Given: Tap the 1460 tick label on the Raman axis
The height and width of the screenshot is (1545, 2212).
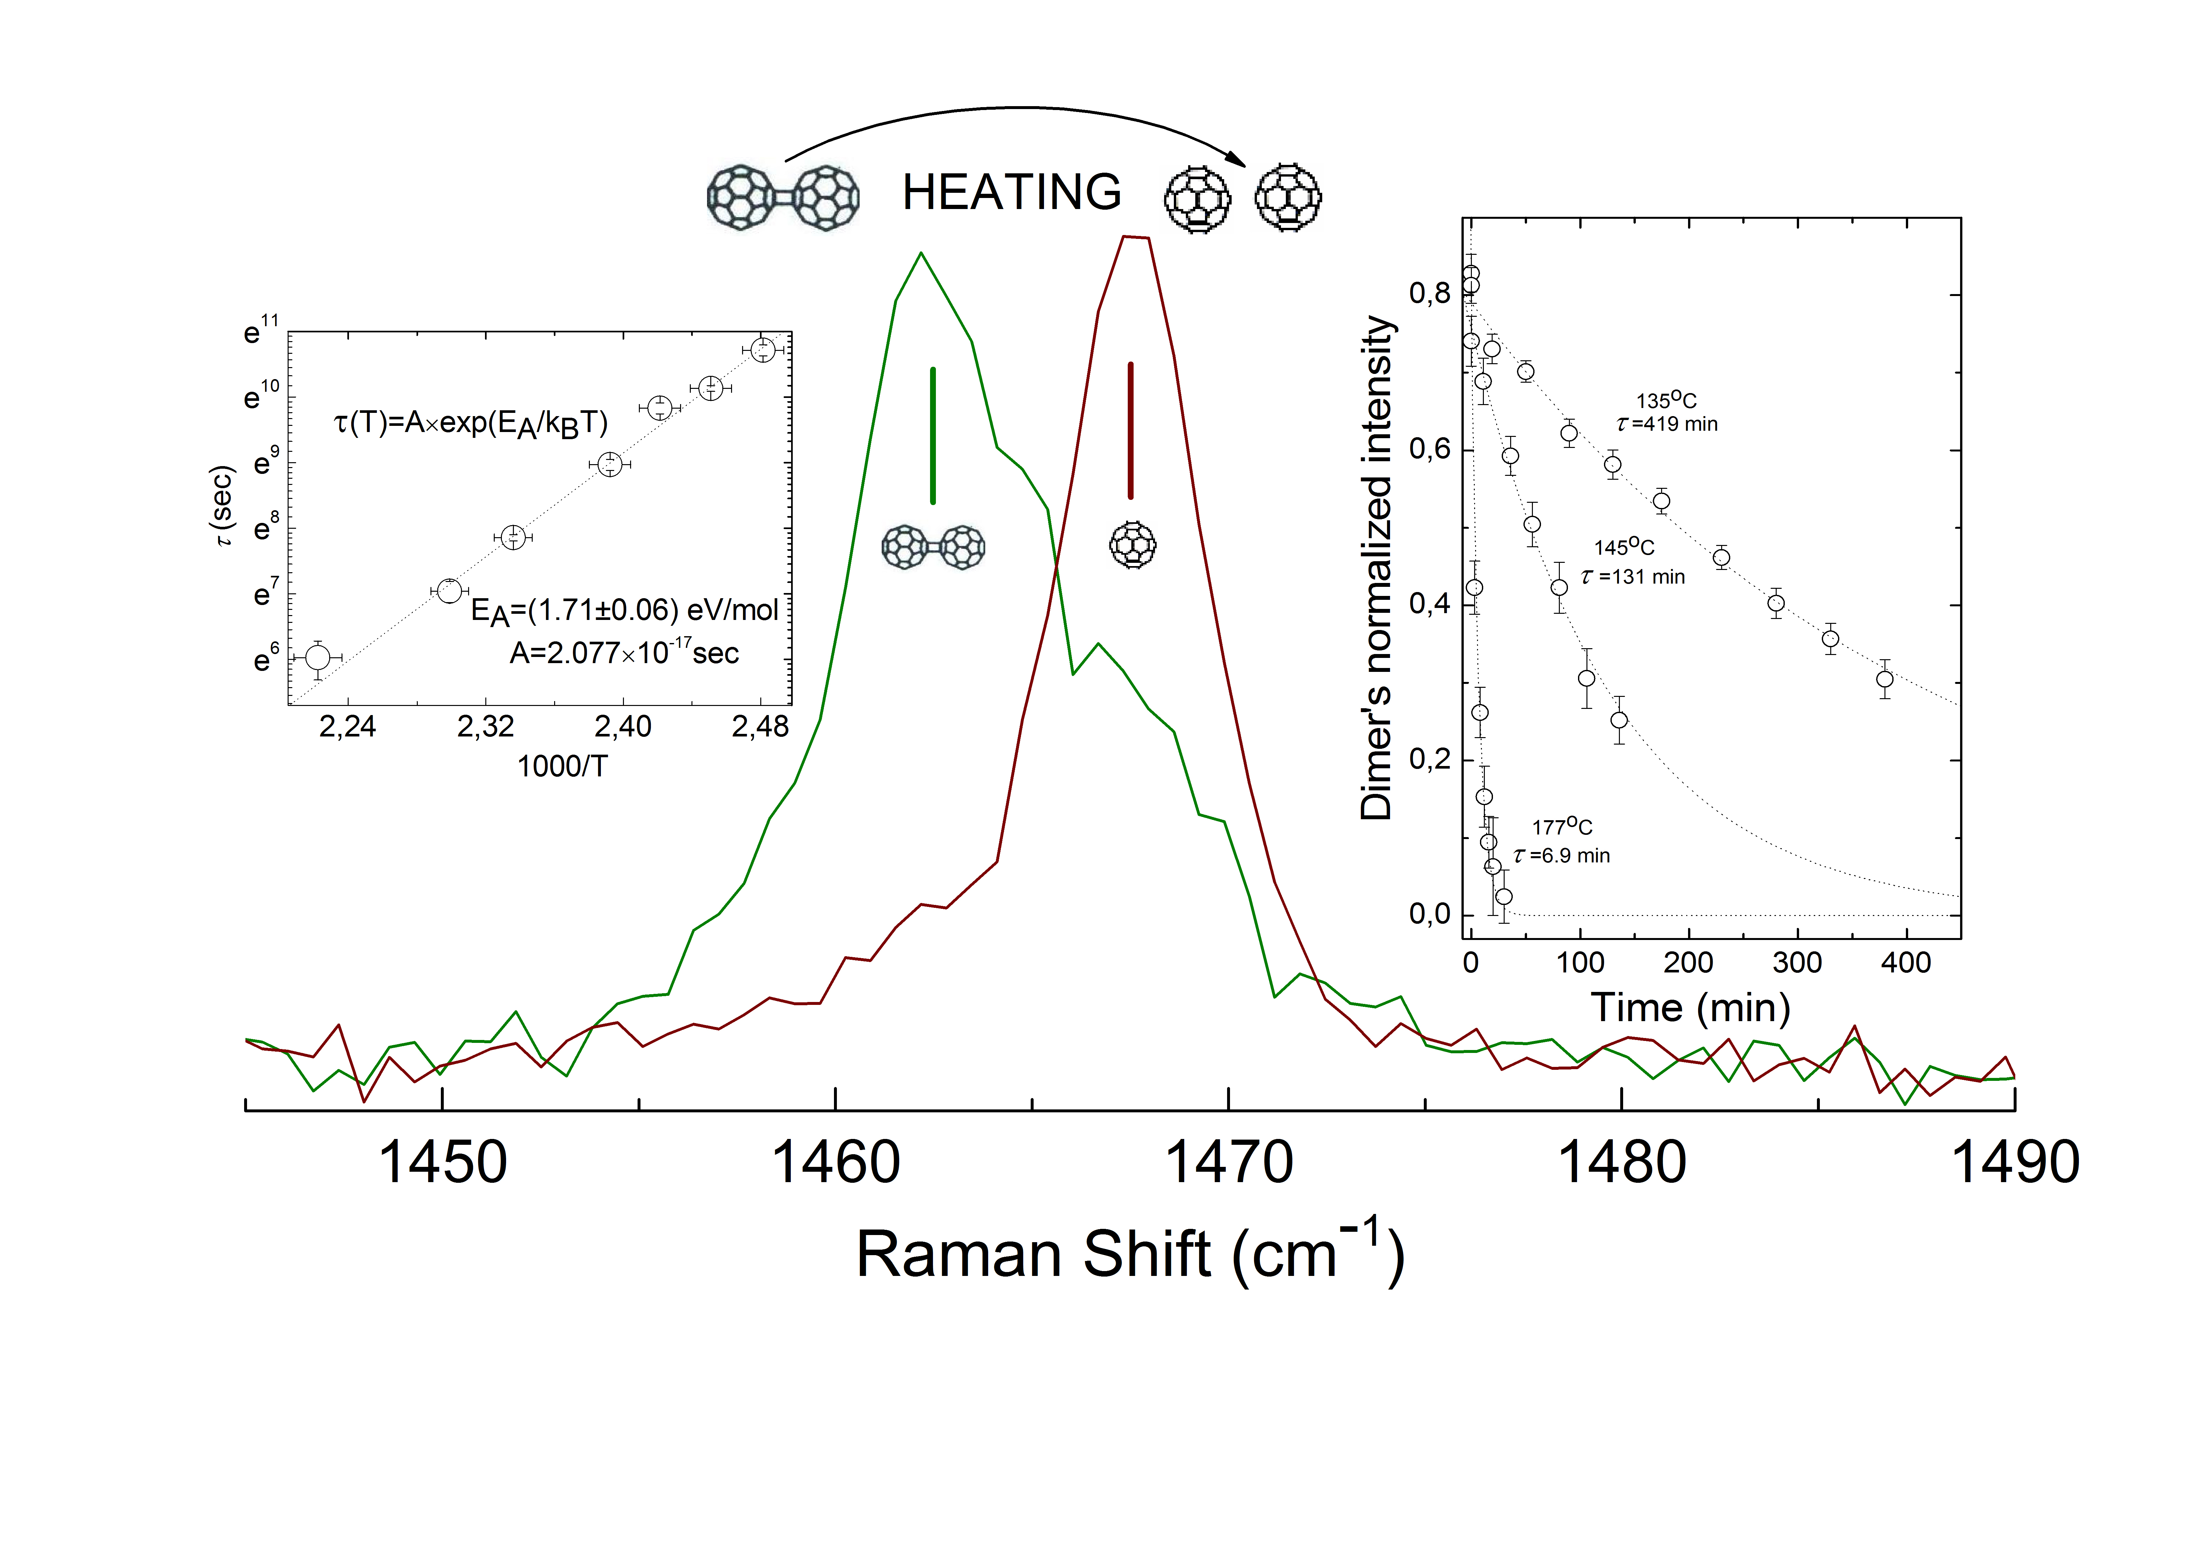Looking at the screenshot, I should pyautogui.click(x=835, y=1163).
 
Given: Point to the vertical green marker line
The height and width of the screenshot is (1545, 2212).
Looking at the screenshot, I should pyautogui.click(x=933, y=435).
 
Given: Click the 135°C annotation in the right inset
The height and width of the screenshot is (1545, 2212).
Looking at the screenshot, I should pyautogui.click(x=1666, y=400).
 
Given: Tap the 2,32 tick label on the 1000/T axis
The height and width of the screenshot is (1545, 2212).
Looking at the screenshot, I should pyautogui.click(x=486, y=726).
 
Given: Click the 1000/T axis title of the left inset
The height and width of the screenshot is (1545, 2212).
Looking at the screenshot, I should pyautogui.click(x=563, y=767).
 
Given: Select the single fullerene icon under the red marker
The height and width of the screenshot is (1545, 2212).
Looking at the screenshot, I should pyautogui.click(x=1133, y=545).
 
